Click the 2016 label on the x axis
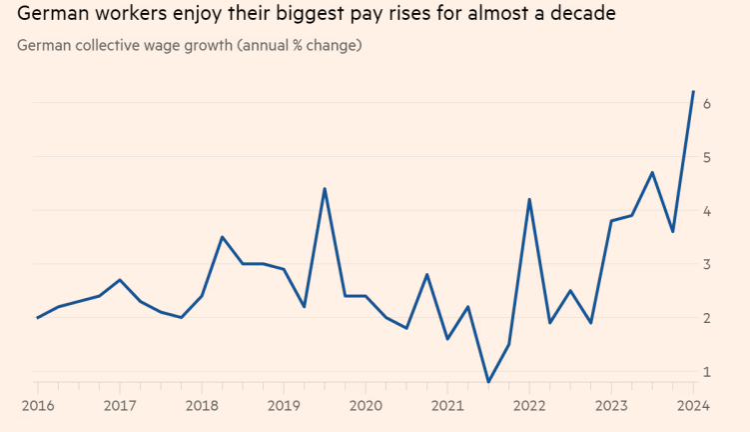coord(37,406)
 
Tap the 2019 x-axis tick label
coord(284,406)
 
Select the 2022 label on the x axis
coord(529,406)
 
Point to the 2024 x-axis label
coord(693,406)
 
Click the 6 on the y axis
coord(706,104)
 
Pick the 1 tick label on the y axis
coord(706,372)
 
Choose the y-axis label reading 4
coord(706,211)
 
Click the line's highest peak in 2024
coord(693,92)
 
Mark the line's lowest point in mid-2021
coord(488,382)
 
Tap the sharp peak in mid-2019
coord(325,188)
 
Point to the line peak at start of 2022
coord(529,199)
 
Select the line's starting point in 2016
coord(37,318)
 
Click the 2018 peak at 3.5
coord(222,237)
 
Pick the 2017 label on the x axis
coord(119,406)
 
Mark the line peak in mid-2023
coord(652,172)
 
